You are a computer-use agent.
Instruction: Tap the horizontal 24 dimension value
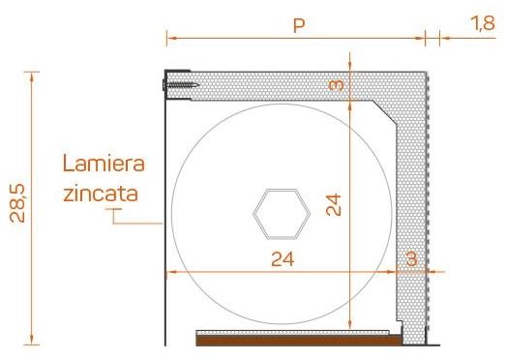click(282, 258)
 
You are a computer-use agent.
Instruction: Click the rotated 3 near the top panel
click(336, 85)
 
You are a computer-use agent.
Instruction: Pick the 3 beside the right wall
click(412, 258)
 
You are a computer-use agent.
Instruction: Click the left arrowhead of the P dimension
click(169, 38)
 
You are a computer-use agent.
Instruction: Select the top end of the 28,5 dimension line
click(33, 72)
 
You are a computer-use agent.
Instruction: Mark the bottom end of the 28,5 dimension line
click(33, 344)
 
